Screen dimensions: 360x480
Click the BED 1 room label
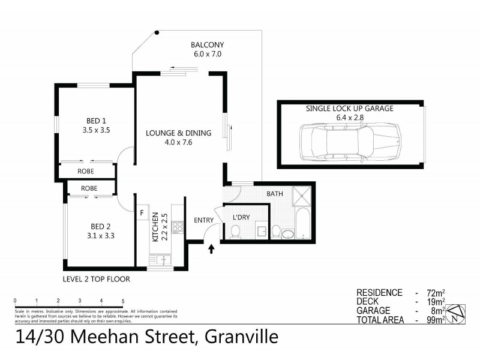tap(96, 124)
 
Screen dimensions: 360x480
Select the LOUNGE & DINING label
tap(179, 137)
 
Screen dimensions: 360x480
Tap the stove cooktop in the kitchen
tap(177, 227)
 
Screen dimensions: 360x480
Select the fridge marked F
tap(142, 212)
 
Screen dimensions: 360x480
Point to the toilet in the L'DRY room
tap(236, 231)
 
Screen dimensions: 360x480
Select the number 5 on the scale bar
tap(123, 300)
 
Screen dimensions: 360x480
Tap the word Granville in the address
tap(241, 337)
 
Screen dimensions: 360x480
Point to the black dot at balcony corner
tap(157, 32)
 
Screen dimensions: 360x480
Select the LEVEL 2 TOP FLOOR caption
tap(96, 279)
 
